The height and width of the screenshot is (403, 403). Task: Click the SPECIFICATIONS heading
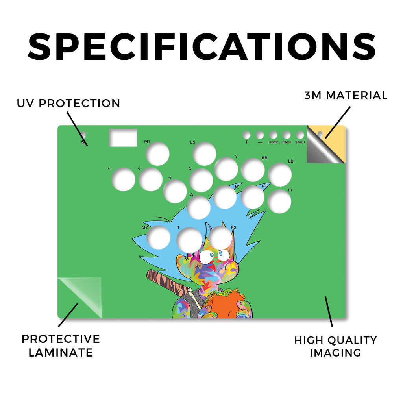tap(202, 47)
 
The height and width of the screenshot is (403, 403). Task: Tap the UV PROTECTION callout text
tap(68, 104)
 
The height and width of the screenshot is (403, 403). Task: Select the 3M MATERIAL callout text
tap(346, 95)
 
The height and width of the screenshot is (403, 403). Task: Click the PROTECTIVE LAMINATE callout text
tap(61, 346)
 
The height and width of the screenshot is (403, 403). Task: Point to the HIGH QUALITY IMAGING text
tap(335, 346)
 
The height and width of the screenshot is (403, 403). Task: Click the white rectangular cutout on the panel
tap(123, 137)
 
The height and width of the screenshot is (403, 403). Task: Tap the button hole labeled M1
tap(157, 154)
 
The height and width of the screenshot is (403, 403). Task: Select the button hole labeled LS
tap(204, 154)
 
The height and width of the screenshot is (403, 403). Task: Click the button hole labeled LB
tap(280, 174)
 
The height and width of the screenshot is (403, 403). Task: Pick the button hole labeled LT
tap(279, 201)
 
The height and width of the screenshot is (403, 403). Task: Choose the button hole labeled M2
tap(158, 237)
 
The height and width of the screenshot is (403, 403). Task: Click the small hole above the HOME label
tap(273, 135)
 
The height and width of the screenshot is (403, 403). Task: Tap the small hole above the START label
tap(300, 135)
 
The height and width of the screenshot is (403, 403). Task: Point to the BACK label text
tap(287, 142)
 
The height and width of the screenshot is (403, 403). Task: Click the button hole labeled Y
tap(226, 169)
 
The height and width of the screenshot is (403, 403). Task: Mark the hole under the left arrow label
tap(123, 179)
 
